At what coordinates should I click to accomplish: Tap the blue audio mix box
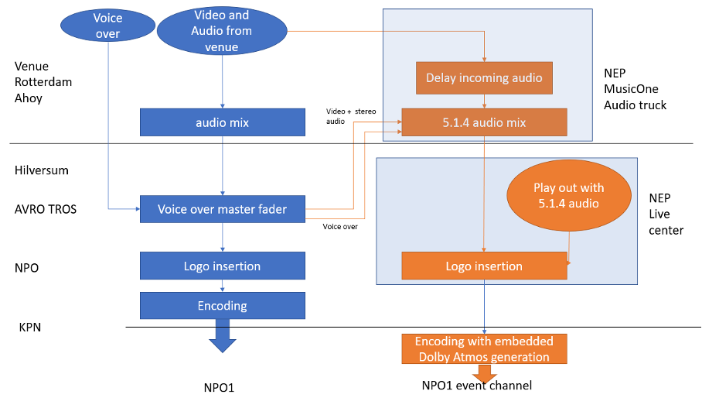223,122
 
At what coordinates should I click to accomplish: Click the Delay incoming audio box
484,77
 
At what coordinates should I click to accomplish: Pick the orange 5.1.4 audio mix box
484,122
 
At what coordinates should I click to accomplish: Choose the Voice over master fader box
223,209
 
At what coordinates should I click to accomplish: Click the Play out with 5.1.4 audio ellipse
568,195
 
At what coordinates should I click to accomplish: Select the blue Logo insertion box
223,266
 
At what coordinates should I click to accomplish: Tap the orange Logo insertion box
484,266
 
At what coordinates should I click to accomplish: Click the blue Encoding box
223,305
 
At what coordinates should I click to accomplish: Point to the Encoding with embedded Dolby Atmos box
484,348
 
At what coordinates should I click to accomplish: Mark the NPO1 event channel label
477,385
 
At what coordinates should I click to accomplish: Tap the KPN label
29,327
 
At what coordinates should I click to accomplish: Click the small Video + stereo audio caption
350,116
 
